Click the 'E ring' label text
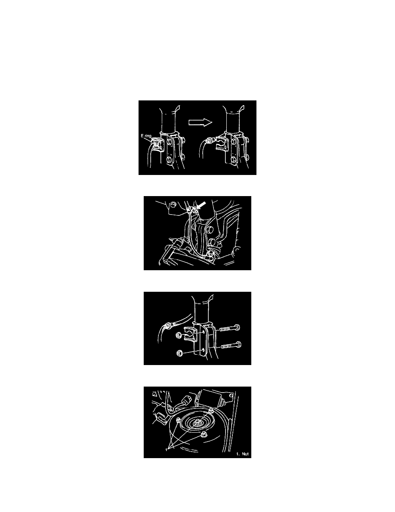coord(146,136)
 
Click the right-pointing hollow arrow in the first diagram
coord(201,122)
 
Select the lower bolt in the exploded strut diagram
coord(231,345)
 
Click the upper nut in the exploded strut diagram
coord(179,335)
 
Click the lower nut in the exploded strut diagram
coord(179,353)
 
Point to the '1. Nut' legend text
coord(243,454)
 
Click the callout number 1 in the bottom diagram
coord(167,450)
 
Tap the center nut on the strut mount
coord(198,423)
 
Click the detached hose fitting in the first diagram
coord(210,141)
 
